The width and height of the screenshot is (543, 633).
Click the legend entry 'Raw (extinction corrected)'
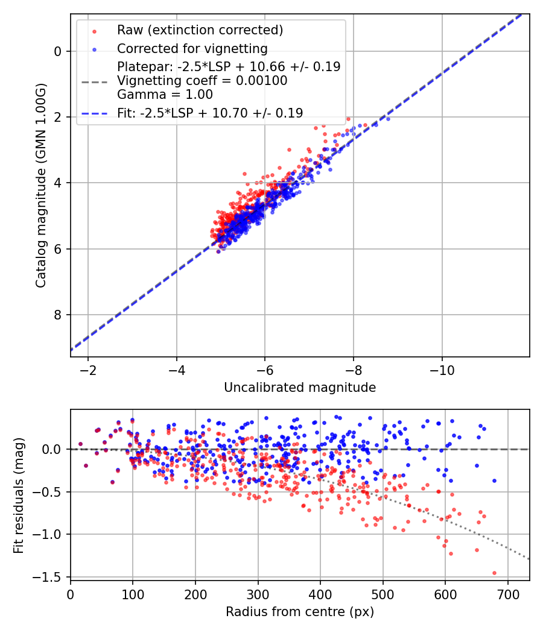point(200,30)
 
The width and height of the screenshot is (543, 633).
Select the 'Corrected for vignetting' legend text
point(192,48)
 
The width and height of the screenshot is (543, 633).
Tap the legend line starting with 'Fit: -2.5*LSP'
point(210,113)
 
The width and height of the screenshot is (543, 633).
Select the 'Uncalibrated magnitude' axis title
point(300,388)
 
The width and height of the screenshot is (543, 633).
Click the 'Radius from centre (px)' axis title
point(300,612)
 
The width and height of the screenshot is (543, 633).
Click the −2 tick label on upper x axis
point(88,369)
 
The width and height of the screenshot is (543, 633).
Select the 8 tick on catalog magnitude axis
point(58,315)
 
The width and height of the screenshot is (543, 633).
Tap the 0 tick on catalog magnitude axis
point(58,51)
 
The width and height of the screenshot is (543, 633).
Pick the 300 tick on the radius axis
point(258,593)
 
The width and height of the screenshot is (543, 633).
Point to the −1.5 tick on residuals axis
point(51,577)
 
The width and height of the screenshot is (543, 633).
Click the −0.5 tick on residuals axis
point(51,492)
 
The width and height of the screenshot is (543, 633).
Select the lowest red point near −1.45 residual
point(494,573)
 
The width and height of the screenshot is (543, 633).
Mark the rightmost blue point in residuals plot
point(494,480)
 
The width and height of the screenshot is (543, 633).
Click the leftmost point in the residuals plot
point(80,444)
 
